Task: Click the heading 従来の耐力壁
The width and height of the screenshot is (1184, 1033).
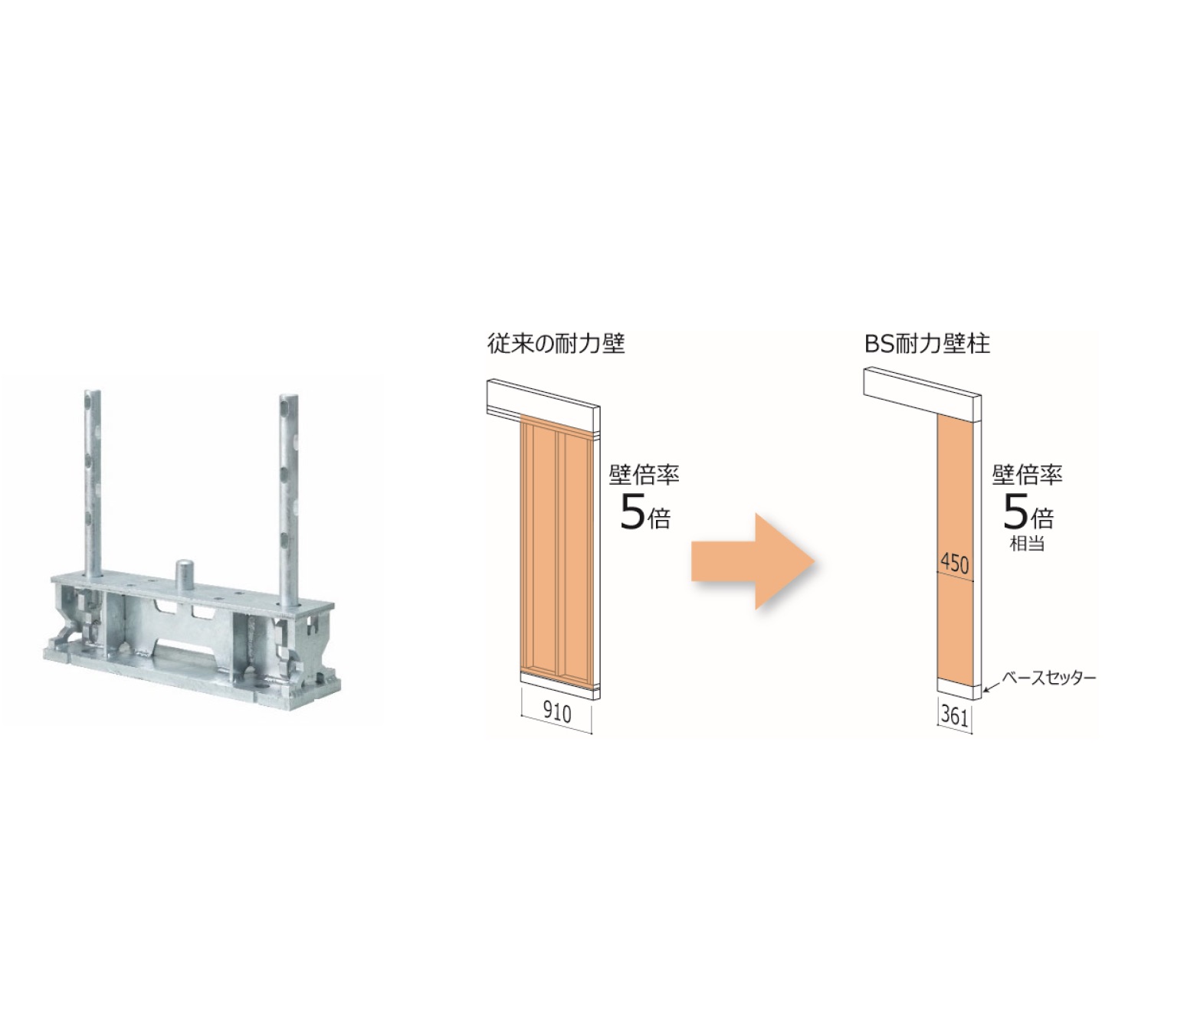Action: (556, 344)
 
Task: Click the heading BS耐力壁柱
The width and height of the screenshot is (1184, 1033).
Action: (927, 344)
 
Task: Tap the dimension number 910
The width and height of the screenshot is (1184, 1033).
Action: (557, 713)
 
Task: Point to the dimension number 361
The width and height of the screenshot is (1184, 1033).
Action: (954, 716)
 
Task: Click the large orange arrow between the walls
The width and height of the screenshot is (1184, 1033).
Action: (753, 561)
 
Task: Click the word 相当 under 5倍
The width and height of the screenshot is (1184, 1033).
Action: (1027, 544)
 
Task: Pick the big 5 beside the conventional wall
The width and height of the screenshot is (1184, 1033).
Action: (632, 513)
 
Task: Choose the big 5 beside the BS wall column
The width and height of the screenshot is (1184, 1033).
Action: (1015, 513)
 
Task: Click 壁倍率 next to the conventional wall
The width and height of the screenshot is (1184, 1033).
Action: (644, 475)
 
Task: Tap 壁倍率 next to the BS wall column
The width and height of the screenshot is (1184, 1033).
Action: (1027, 475)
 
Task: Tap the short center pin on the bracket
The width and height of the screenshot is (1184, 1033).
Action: (185, 575)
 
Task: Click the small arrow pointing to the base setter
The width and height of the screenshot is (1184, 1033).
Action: (992, 686)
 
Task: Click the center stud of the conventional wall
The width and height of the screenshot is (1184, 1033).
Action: (556, 548)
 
